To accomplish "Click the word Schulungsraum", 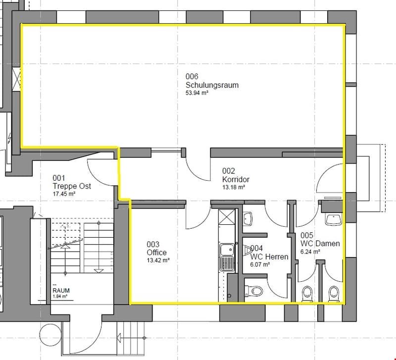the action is [212, 85].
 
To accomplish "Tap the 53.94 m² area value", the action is [197, 93].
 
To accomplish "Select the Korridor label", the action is [236, 179].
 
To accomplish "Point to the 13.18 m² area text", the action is [234, 187].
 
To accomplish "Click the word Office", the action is [156, 253].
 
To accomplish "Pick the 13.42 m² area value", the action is [158, 260].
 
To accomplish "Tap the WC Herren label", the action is [269, 257].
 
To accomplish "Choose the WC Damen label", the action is [320, 244].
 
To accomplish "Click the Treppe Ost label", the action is [72, 186].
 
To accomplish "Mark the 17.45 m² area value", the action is [64, 194].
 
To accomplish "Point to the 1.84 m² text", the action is [60, 296].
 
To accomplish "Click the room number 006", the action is [192, 76].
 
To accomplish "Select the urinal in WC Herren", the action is [247, 251].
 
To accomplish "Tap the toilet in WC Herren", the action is [254, 291].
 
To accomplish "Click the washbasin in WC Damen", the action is [334, 219].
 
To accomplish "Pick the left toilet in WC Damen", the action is [307, 294].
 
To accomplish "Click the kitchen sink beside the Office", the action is [227, 257].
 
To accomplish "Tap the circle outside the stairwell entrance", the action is [50, 335].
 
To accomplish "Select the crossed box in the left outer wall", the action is [16, 79].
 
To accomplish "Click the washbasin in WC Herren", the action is [247, 219].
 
